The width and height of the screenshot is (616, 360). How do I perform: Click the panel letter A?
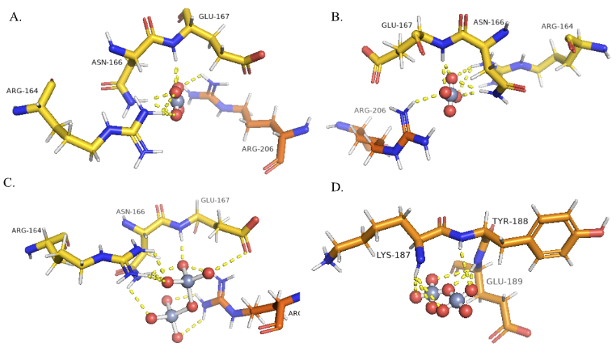point(15,16)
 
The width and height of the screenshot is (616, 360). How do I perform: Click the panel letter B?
point(336,16)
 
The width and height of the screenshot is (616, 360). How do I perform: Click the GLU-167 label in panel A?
point(214,16)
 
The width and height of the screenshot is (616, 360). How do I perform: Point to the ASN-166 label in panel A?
point(107,62)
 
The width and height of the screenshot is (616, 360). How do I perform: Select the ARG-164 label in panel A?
point(23,90)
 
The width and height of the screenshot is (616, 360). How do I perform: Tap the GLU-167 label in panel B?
point(397,25)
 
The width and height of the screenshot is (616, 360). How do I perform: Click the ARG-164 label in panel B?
point(557,27)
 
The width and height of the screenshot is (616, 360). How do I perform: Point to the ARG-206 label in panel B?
point(370,110)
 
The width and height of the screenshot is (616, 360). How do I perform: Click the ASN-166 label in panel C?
point(131,211)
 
